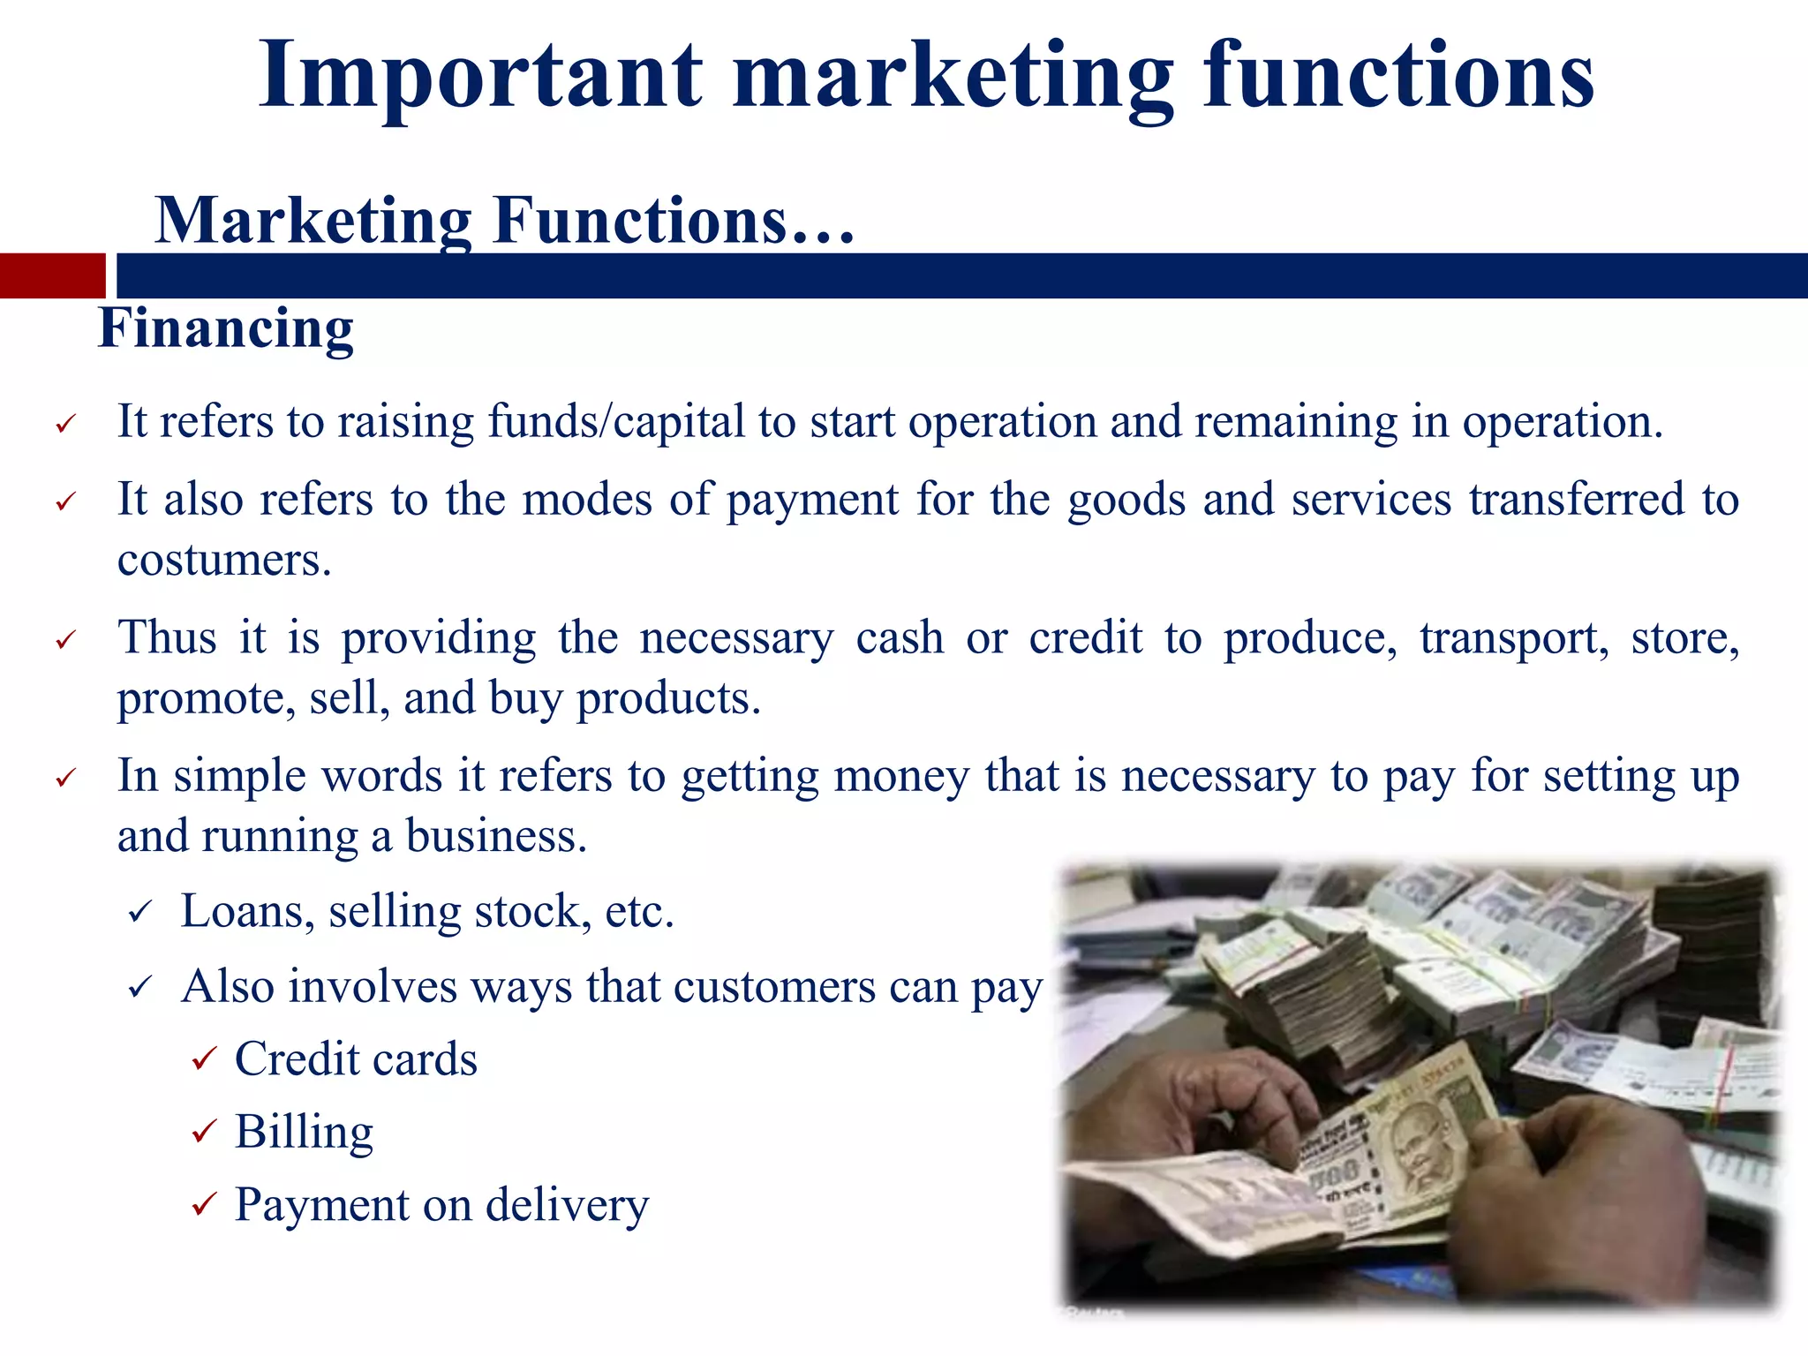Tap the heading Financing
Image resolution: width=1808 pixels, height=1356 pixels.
tap(226, 328)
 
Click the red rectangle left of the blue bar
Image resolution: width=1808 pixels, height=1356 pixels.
tap(52, 275)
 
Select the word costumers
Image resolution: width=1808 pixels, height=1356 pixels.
tap(224, 561)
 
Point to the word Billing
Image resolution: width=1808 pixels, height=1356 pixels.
tap(304, 1132)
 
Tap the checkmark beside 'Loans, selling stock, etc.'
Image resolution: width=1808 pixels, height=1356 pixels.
tap(141, 912)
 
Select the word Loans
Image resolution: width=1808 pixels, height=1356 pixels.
tap(244, 912)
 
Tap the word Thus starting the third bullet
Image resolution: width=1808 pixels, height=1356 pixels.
tap(168, 637)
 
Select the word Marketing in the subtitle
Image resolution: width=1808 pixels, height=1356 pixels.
tap(313, 221)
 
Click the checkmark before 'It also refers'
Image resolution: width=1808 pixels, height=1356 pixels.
tap(67, 502)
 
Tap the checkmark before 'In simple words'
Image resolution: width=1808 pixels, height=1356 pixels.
tap(67, 779)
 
